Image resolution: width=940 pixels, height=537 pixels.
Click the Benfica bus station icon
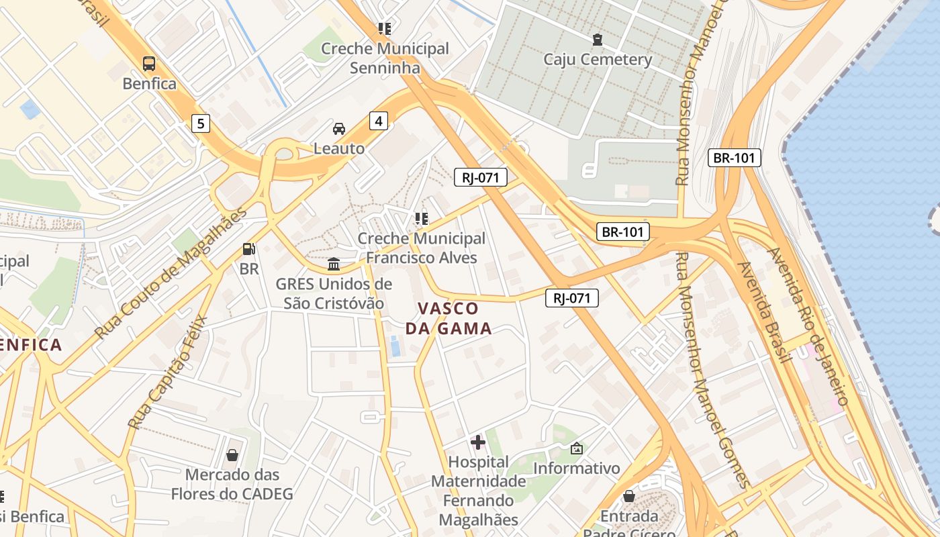[149, 64]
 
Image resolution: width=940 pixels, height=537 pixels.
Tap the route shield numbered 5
[200, 124]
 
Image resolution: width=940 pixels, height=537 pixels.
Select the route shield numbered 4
[379, 121]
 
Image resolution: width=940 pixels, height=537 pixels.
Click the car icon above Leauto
[339, 129]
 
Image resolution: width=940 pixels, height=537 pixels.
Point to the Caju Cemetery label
[598, 60]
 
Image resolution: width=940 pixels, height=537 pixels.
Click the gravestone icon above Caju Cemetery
[597, 40]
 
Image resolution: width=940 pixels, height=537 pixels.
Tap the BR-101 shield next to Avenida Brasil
[735, 158]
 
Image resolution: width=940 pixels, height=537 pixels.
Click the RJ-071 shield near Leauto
[480, 177]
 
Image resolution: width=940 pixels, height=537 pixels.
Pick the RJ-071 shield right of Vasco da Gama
[571, 298]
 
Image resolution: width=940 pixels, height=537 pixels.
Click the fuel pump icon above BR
[248, 249]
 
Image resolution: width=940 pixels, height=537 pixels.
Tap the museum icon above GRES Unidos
[334, 264]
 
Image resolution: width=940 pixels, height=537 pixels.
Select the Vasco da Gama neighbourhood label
[449, 319]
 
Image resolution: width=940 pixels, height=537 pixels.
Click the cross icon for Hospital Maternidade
[478, 442]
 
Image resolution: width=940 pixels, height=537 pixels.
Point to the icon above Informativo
[576, 448]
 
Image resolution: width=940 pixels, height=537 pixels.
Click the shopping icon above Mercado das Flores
[232, 455]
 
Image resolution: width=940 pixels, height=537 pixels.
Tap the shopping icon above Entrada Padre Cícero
[629, 496]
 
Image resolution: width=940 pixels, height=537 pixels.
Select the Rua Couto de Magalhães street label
[171, 274]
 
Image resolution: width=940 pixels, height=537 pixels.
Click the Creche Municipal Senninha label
[385, 58]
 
